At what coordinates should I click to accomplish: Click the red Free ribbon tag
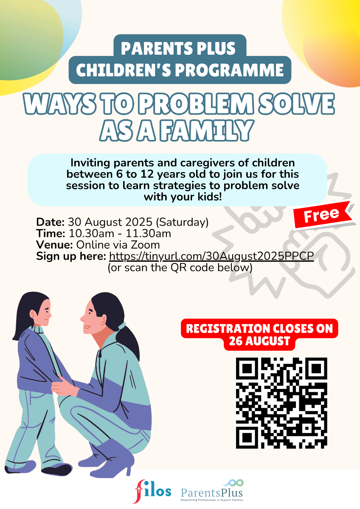pos(323,215)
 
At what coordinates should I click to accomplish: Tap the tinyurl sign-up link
pos(211,256)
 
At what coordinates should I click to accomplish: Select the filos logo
pos(152,491)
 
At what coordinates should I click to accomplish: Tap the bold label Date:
pos(51,222)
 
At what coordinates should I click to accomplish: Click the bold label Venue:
pos(54,245)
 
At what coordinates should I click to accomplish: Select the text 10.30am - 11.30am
pos(120,234)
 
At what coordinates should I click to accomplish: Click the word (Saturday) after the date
pos(182,222)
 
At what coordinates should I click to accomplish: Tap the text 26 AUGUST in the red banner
pos(259,341)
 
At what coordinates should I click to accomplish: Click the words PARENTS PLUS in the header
pos(178,48)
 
